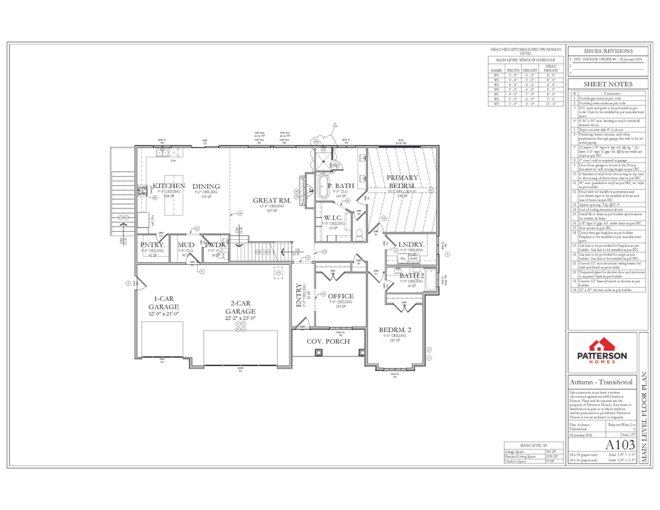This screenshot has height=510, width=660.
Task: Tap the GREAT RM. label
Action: click(270, 200)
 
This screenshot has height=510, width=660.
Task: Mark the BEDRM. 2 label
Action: click(396, 330)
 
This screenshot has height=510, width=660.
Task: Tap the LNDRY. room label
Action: click(412, 245)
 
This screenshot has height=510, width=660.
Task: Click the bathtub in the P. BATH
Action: click(323, 186)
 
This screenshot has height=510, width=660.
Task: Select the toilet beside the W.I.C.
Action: click(357, 232)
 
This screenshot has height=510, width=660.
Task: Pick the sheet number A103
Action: click(616, 445)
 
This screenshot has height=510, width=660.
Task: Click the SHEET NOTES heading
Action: click(607, 84)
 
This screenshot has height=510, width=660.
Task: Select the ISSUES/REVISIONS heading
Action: click(607, 50)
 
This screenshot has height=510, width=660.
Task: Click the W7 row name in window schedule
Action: click(496, 104)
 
